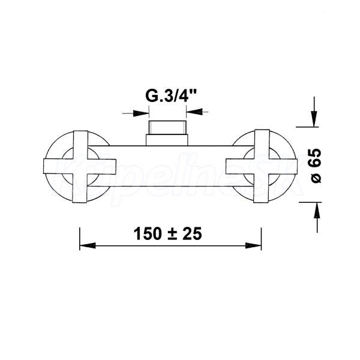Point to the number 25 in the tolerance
pos(192,234)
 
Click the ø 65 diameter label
pos(314,166)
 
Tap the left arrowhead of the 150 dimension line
pos(88,245)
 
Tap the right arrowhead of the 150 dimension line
pos(253,245)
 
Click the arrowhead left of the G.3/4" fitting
pos(141,113)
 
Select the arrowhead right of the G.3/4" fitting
pos(194,112)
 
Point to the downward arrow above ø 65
pos(314,112)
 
